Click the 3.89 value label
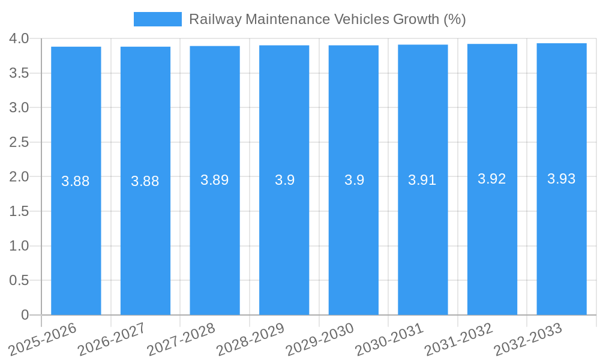tap(215, 180)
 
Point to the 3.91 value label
tap(422, 180)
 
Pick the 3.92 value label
tap(492, 179)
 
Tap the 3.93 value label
tap(562, 179)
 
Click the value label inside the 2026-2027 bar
tap(145, 181)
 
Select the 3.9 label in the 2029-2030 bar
tap(354, 180)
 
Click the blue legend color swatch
tap(157, 19)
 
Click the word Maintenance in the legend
tap(287, 19)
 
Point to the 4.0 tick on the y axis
tap(19, 38)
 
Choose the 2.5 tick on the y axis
tap(19, 142)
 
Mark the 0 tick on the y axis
tap(25, 315)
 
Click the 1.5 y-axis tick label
tap(19, 211)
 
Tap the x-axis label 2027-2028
tap(181, 339)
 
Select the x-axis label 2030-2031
tap(389, 339)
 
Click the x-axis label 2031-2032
tap(458, 339)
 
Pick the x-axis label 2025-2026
tap(43, 339)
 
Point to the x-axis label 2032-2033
tap(528, 339)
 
